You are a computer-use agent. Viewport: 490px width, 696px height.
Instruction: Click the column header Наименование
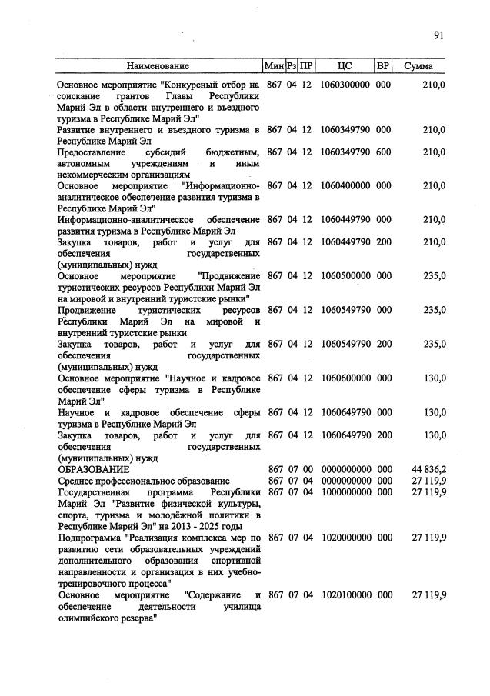[x=158, y=66]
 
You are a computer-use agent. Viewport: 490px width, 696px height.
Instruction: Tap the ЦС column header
[x=345, y=66]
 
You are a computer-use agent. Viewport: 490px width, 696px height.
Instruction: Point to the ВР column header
[x=383, y=66]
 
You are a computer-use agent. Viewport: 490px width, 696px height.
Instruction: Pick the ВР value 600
[x=383, y=152]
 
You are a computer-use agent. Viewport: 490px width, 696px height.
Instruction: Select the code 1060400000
[x=345, y=186]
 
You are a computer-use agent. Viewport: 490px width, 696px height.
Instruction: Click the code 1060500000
[x=345, y=275]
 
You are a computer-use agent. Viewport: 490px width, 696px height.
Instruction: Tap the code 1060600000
[x=345, y=378]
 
